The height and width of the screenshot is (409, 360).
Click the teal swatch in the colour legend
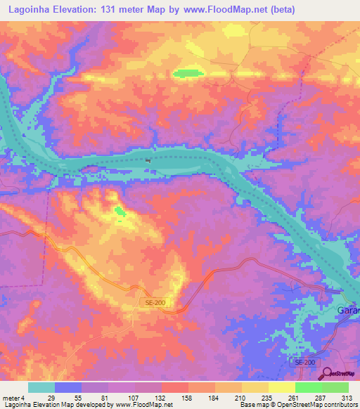(41, 387)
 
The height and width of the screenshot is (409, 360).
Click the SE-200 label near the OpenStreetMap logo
(304, 361)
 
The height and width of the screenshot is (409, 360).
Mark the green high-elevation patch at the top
(187, 72)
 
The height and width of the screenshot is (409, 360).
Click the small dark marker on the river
(148, 160)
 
